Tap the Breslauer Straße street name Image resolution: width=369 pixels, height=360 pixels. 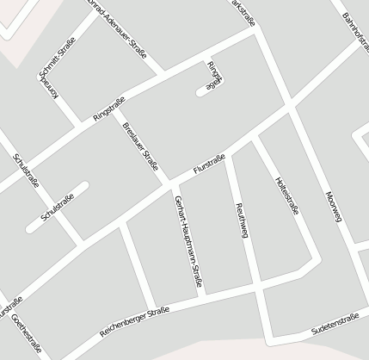pyautogui.click(x=140, y=144)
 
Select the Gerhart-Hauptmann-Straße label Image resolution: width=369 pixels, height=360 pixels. pyautogui.click(x=188, y=240)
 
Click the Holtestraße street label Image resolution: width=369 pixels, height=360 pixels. pyautogui.click(x=287, y=195)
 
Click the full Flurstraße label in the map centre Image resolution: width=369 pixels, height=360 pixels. pyautogui.click(x=210, y=165)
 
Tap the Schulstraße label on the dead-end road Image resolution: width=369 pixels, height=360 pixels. pyautogui.click(x=58, y=208)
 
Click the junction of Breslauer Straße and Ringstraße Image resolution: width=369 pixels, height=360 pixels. pyautogui.click(x=116, y=109)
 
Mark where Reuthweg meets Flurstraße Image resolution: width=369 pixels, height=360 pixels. pyautogui.click(x=227, y=149)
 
